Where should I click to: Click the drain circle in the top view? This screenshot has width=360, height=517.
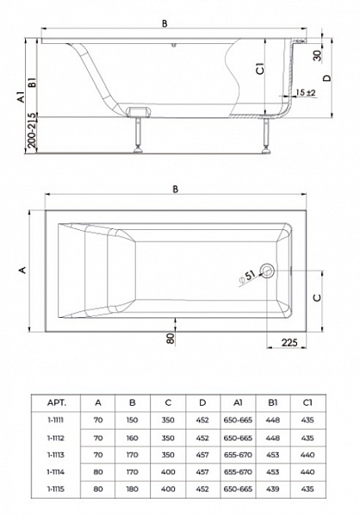(267, 271)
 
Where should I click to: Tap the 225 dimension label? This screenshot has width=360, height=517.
(289, 342)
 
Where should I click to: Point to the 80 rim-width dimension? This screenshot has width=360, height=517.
(171, 339)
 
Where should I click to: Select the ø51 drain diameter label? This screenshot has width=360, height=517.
(247, 277)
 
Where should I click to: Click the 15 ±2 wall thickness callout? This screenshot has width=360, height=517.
(306, 93)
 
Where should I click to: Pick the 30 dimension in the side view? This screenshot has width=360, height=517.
(317, 55)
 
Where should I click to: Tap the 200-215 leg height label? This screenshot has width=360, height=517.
(32, 130)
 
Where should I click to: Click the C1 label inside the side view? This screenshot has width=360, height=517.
(260, 69)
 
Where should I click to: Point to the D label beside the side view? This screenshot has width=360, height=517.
(326, 78)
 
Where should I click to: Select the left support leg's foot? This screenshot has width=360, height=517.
(138, 151)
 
